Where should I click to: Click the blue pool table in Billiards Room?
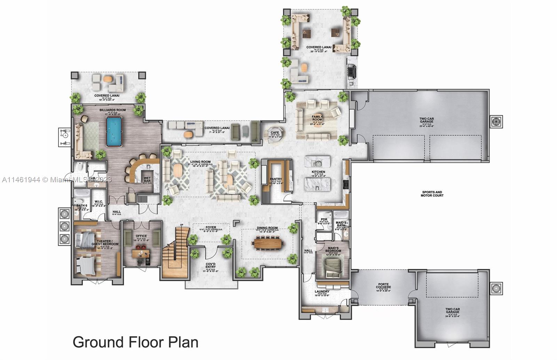(x=114, y=131)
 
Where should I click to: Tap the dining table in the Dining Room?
(x=267, y=243)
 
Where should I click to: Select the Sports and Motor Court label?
(x=432, y=194)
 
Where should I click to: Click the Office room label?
(x=141, y=236)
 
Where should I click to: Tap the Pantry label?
(x=276, y=179)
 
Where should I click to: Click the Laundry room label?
(x=322, y=292)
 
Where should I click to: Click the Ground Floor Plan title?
(x=135, y=342)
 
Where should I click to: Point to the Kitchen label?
(x=318, y=172)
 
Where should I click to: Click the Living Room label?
(x=201, y=162)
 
